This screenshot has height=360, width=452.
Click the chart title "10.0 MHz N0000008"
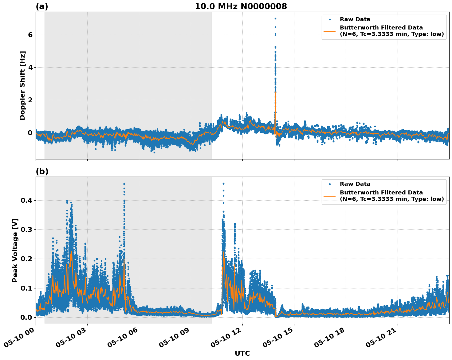pos(241,6)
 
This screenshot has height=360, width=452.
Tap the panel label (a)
pos(42,6)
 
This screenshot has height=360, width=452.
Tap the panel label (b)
pos(42,171)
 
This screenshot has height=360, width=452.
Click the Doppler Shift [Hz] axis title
pos(22,85)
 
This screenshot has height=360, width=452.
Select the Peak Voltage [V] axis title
pos(15,250)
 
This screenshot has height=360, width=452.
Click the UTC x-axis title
pos(242,353)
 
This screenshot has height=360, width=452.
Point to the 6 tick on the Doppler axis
pos(30,35)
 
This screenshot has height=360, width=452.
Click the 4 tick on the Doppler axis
pos(30,68)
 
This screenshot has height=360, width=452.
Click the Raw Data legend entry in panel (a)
pos(355,20)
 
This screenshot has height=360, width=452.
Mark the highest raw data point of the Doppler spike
pos(275,18)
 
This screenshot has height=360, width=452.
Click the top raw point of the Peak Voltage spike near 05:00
pos(124,184)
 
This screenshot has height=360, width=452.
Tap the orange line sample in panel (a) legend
pos(330,31)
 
